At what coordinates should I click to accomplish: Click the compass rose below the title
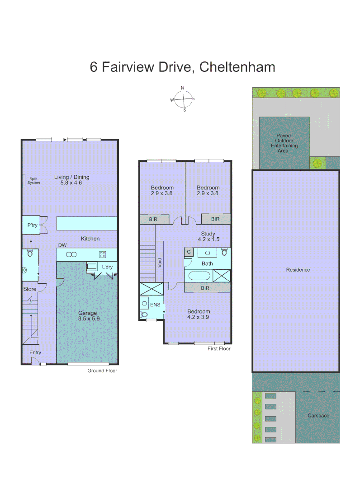click(x=183, y=99)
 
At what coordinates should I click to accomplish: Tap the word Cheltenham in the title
click(x=237, y=67)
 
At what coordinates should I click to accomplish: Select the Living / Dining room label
click(x=72, y=180)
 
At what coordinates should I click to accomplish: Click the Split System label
click(x=34, y=181)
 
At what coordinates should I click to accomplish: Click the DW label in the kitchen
click(x=62, y=245)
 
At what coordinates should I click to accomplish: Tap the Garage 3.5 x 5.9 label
click(x=87, y=315)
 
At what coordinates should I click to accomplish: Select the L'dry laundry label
click(x=107, y=267)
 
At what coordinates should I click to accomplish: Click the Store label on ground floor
click(x=29, y=289)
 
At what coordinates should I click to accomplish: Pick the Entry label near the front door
click(x=35, y=352)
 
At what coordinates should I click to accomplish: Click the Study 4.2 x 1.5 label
click(x=208, y=236)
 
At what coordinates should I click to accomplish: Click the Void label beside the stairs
click(x=160, y=263)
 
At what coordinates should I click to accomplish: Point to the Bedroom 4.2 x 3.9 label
click(x=199, y=314)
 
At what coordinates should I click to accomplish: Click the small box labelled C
click(x=189, y=252)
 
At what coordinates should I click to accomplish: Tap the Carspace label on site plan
click(x=318, y=415)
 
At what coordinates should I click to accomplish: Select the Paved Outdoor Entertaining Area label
click(x=284, y=143)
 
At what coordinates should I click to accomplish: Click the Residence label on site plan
click(x=298, y=270)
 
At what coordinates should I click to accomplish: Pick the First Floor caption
click(x=219, y=348)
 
